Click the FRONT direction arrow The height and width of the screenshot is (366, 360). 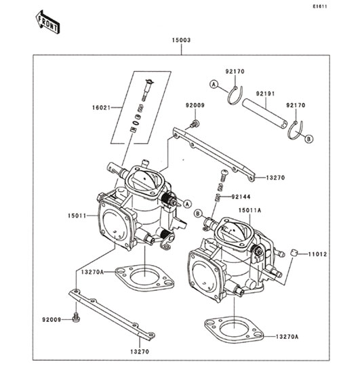tap(47, 22)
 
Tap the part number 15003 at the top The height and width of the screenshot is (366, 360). tap(181, 40)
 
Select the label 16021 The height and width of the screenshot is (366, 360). tap(101, 108)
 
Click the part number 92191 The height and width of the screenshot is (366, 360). tap(266, 94)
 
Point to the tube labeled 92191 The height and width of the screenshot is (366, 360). tap(265, 114)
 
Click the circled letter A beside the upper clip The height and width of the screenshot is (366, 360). tap(214, 84)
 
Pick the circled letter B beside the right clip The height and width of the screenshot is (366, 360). tap(309, 139)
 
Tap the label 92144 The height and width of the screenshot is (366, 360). tap(241, 197)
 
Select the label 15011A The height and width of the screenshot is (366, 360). tap(249, 210)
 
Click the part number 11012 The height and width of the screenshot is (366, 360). tap(317, 254)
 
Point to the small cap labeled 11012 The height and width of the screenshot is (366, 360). tap(294, 253)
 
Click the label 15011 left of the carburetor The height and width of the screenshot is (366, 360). tap(77, 216)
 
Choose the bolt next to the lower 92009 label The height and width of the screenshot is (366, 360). tap(76, 318)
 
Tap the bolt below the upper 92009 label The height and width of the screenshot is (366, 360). tap(195, 124)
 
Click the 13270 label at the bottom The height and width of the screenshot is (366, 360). tap(140, 352)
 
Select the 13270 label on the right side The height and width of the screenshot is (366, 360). tap(275, 178)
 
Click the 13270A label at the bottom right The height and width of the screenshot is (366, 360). tap(287, 337)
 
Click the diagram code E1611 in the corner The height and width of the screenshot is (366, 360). tap(320, 7)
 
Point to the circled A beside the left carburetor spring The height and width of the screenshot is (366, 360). tap(187, 204)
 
